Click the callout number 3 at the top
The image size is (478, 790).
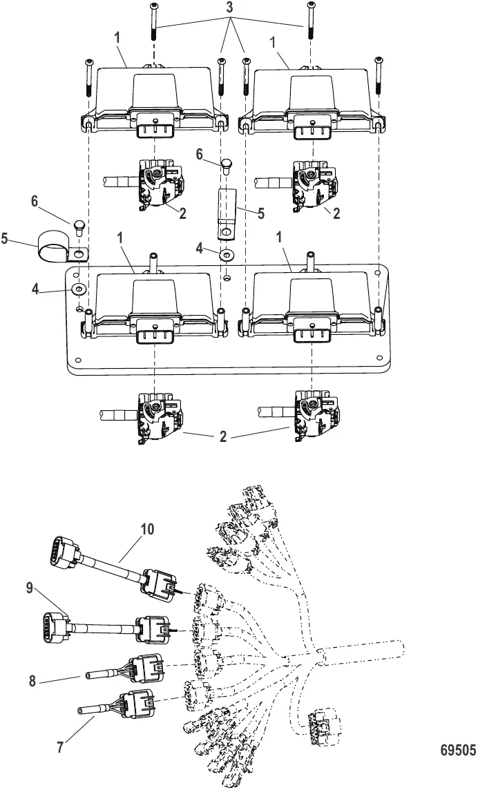tap(229, 8)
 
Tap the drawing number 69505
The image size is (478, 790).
tap(458, 750)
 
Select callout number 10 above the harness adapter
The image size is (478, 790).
tap(147, 529)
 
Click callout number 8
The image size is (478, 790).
tap(32, 681)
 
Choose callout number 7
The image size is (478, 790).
tap(60, 746)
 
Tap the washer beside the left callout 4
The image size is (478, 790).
tap(79, 289)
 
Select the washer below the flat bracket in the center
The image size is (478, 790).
tap(227, 255)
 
